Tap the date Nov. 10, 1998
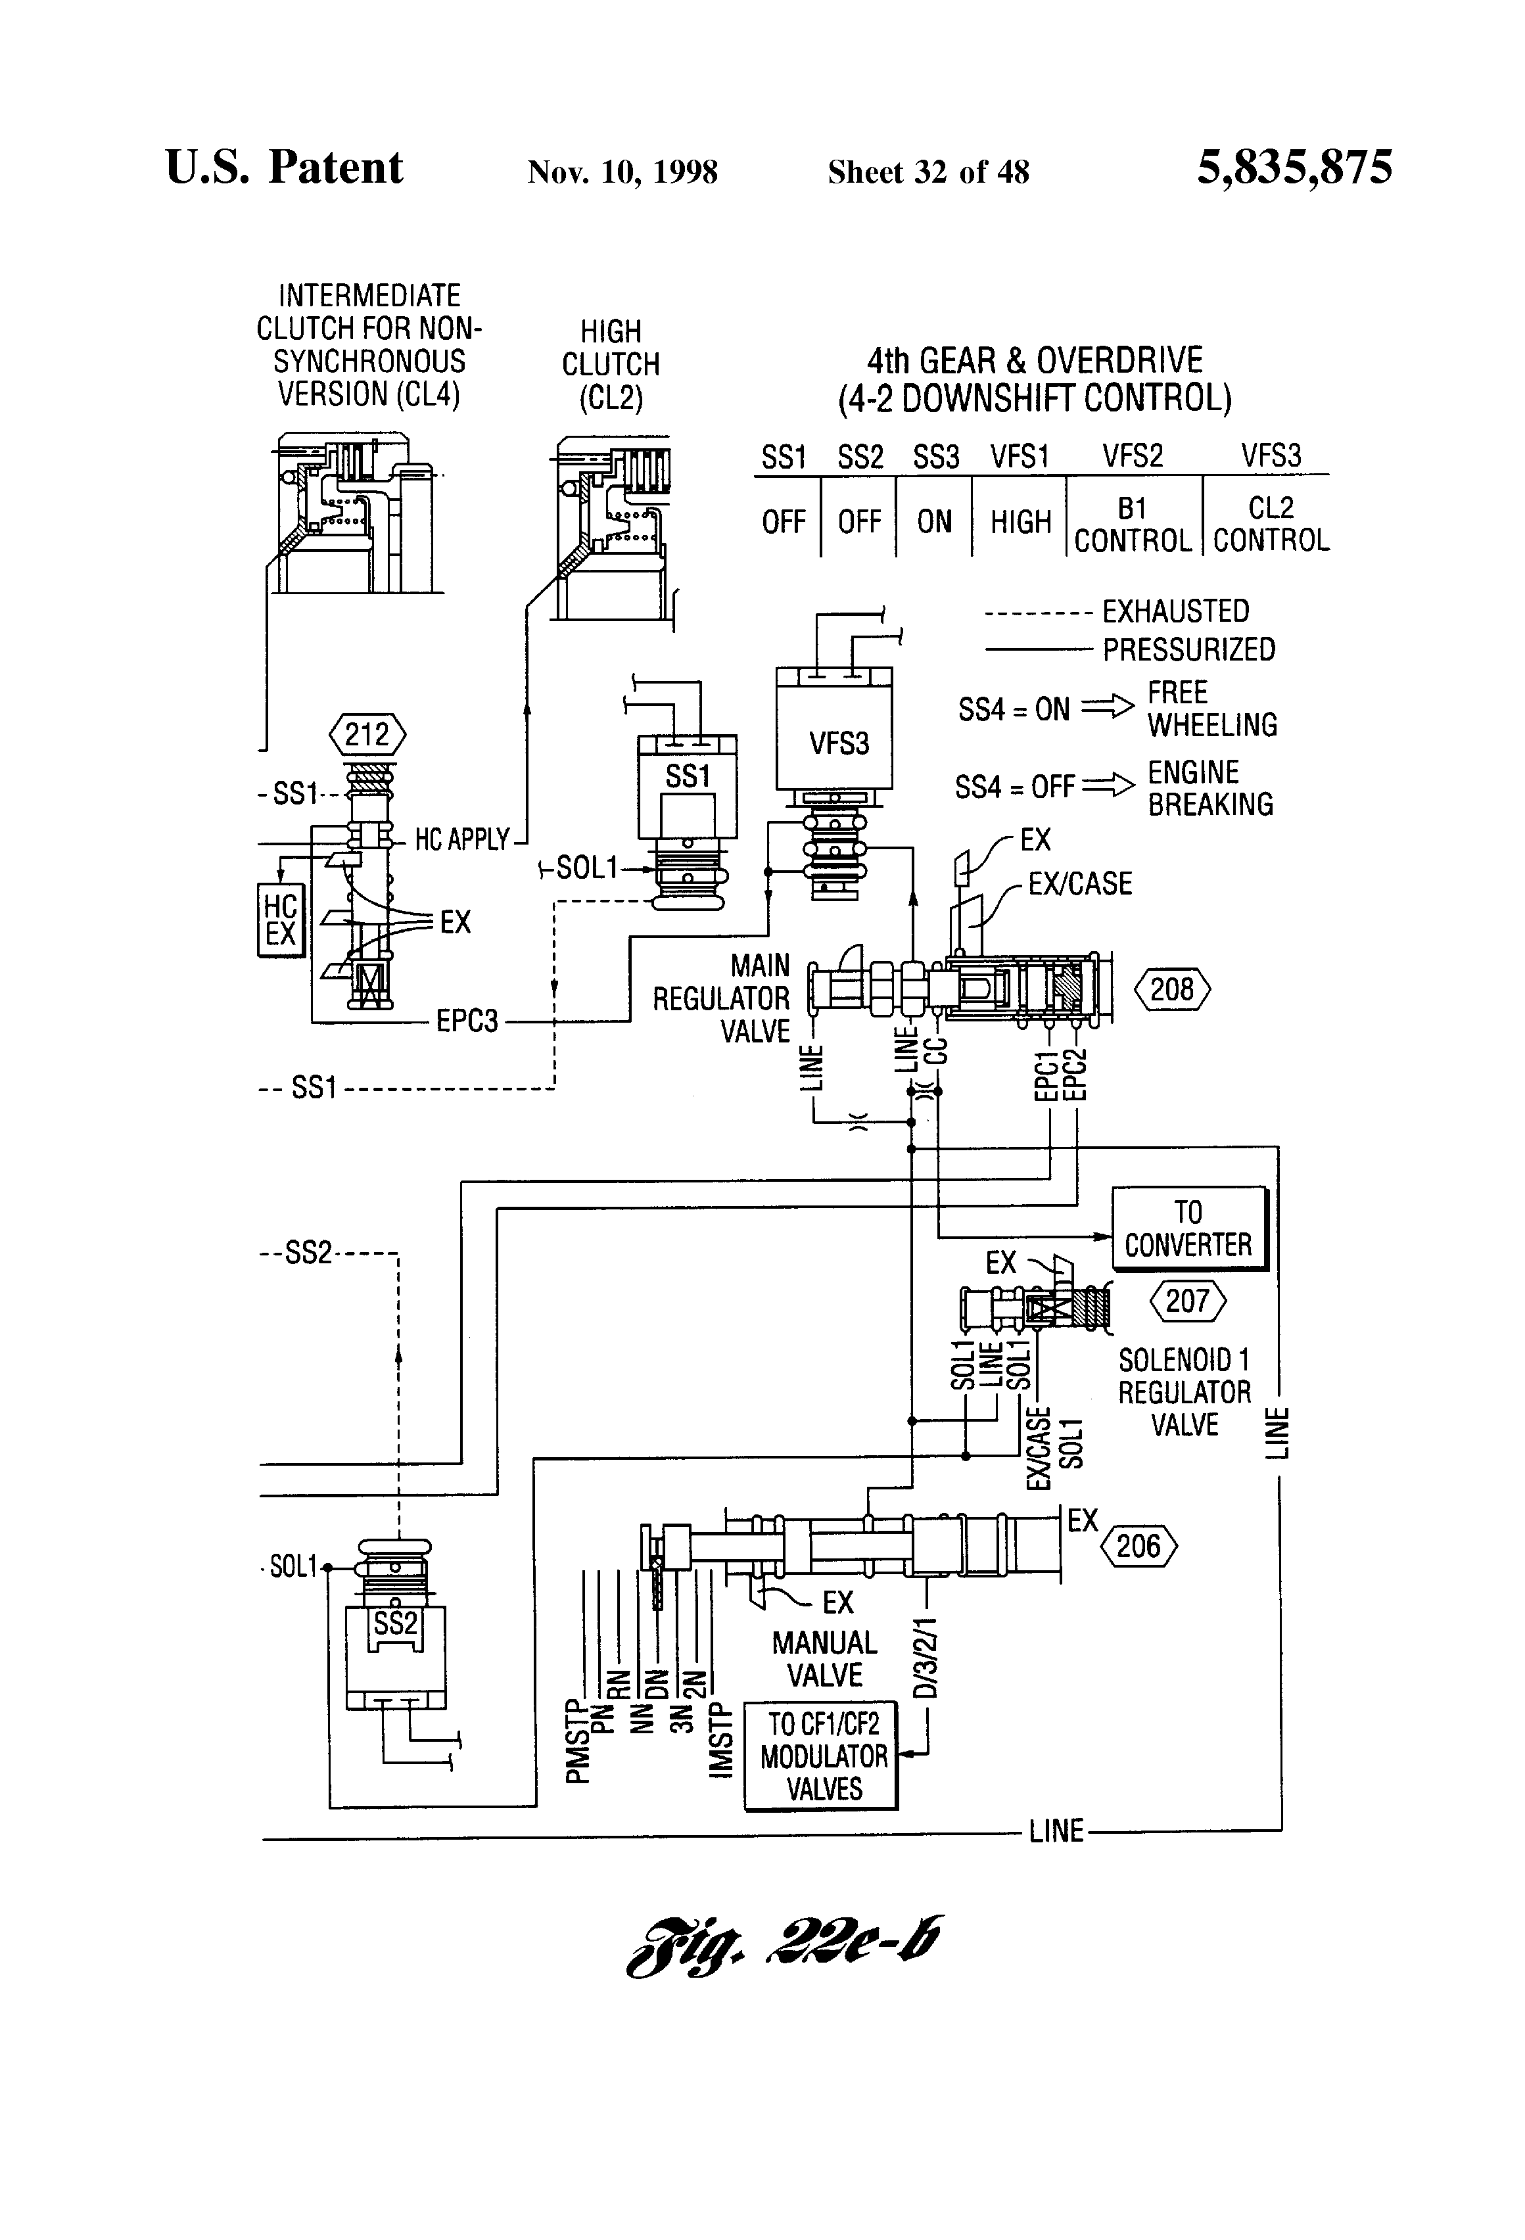click(622, 172)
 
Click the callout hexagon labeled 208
click(1171, 990)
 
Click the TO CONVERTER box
click(1188, 1228)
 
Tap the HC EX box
click(281, 920)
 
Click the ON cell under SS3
click(934, 521)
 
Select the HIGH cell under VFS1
click(1020, 521)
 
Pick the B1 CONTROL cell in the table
click(1133, 525)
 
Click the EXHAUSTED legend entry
click(1116, 611)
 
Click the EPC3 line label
click(467, 1021)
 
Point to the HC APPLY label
click(461, 839)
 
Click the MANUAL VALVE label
click(824, 1658)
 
